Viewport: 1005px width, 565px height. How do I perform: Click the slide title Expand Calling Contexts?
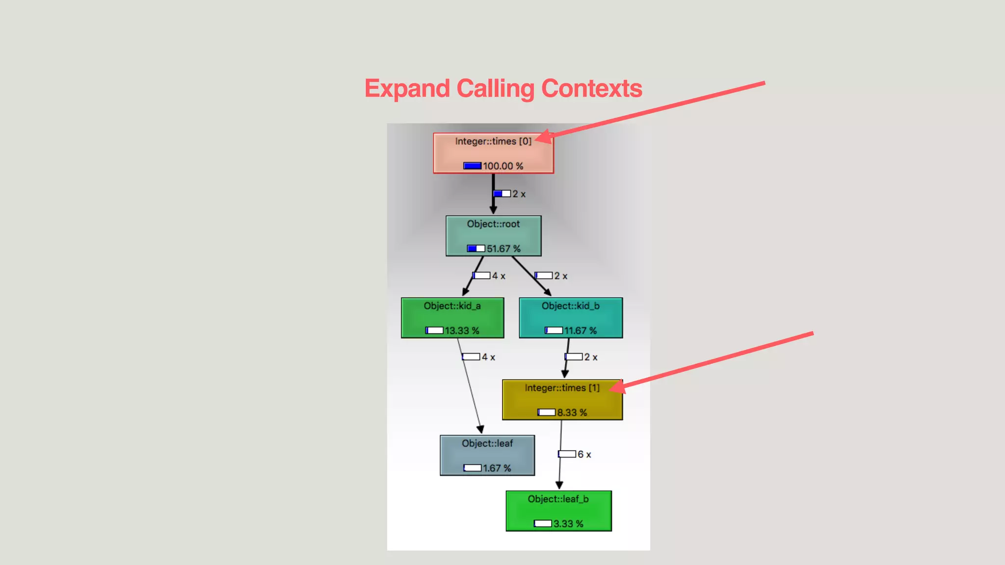click(x=503, y=89)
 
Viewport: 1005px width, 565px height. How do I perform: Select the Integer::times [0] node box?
click(x=493, y=153)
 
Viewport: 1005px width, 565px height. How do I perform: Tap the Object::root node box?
click(x=493, y=235)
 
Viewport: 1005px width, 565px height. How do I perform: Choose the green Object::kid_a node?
click(x=452, y=317)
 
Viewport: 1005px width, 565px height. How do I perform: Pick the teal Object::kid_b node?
click(x=571, y=317)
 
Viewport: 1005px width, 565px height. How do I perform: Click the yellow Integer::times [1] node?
click(x=562, y=399)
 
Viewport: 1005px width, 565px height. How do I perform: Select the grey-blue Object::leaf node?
click(x=487, y=455)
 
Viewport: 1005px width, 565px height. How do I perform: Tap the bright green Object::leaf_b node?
click(x=558, y=511)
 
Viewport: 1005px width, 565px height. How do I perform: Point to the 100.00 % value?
click(x=502, y=166)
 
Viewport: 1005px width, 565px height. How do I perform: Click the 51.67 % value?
click(x=503, y=249)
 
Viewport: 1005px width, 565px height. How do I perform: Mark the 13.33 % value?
click(x=462, y=331)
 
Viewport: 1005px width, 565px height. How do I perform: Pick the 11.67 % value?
click(x=580, y=331)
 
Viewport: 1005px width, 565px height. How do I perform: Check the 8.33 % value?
click(x=572, y=412)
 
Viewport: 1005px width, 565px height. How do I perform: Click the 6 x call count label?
click(x=584, y=454)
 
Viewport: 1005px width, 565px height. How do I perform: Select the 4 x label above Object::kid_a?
click(x=499, y=276)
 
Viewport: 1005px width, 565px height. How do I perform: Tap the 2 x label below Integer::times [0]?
click(x=519, y=194)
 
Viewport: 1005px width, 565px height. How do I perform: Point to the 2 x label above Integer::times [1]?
click(x=590, y=357)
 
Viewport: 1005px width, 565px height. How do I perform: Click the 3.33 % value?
click(x=568, y=524)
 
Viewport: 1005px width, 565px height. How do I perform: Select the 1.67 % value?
click(x=497, y=468)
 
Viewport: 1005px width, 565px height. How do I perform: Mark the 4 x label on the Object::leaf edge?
click(x=488, y=357)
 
